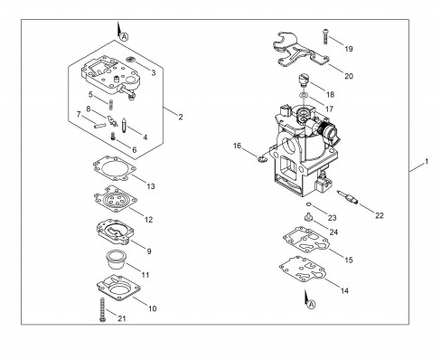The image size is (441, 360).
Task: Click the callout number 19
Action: [349, 49]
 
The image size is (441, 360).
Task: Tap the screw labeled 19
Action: [325, 36]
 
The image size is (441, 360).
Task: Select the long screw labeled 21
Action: [102, 310]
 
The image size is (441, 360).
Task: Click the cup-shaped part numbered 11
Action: [116, 261]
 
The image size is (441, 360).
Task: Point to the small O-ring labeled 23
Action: [308, 204]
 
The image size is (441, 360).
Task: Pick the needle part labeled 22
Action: [348, 197]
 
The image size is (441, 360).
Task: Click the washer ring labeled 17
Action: [304, 96]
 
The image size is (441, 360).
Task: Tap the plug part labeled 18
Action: [304, 80]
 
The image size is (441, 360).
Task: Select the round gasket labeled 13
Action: [115, 168]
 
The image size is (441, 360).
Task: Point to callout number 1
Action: [427, 162]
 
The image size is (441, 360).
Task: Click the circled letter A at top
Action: [124, 37]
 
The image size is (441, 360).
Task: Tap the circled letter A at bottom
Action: [312, 305]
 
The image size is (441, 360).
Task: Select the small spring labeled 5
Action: [110, 105]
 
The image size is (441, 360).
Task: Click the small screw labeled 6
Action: [114, 136]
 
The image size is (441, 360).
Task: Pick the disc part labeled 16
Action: [263, 158]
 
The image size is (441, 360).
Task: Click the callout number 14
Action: [344, 290]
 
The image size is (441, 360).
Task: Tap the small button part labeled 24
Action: [307, 217]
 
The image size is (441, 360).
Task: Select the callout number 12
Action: [149, 220]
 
